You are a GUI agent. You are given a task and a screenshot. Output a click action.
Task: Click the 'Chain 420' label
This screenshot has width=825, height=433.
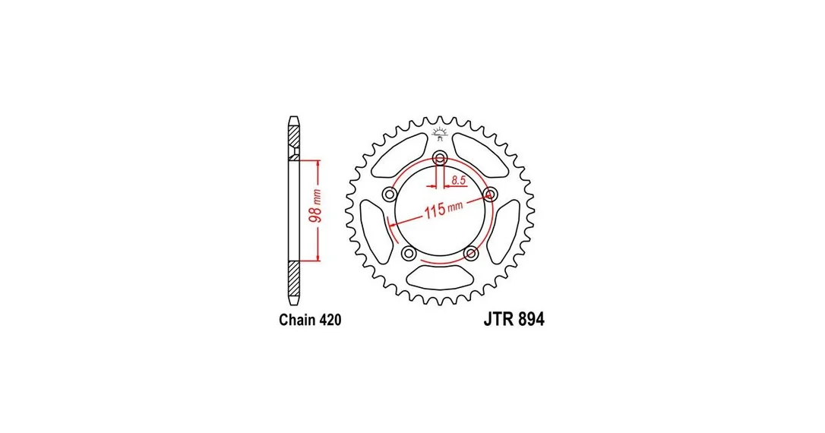(310, 320)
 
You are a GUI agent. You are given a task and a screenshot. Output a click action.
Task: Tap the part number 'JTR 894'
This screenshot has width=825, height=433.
(514, 319)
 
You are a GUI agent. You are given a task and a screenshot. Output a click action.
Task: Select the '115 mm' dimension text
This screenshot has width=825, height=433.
(444, 208)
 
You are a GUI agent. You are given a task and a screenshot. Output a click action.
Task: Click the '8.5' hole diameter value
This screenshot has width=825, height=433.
(458, 180)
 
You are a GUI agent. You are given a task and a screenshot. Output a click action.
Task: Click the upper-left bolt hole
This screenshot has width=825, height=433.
(390, 194)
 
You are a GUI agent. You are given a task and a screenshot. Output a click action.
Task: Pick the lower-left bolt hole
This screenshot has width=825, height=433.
(409, 254)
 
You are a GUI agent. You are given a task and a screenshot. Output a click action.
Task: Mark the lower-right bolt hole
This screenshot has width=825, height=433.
(471, 254)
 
